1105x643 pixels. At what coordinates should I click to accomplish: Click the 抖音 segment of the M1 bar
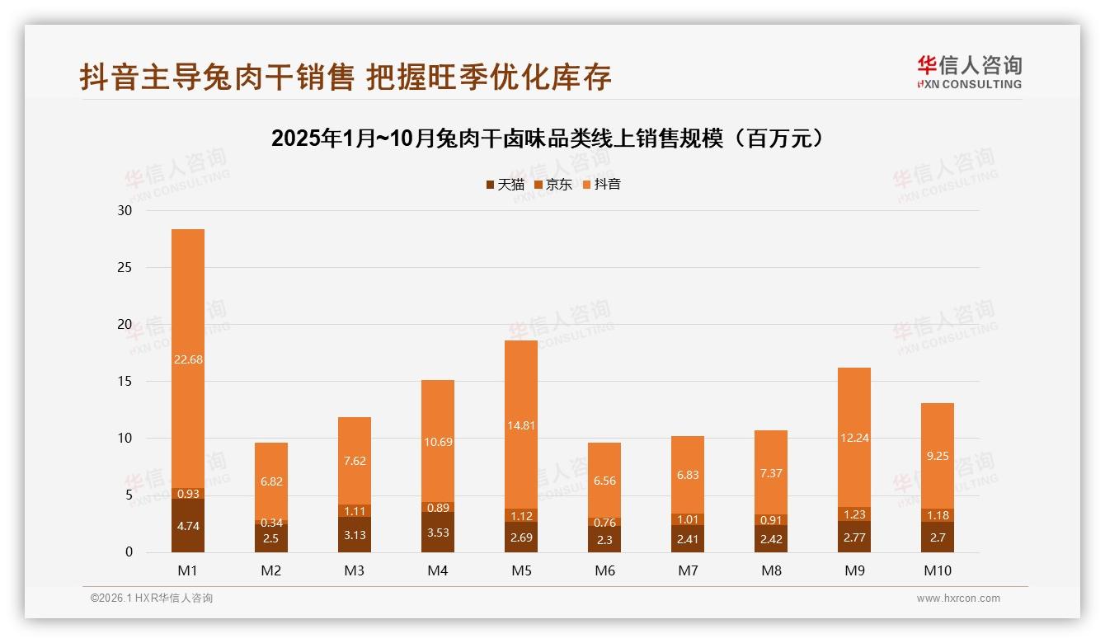(x=188, y=359)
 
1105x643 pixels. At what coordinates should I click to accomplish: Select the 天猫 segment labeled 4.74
(x=188, y=526)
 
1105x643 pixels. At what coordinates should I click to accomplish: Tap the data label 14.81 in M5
(x=521, y=425)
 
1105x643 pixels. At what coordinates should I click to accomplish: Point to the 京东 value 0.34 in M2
(x=271, y=523)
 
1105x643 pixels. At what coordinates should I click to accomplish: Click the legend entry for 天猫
(x=505, y=185)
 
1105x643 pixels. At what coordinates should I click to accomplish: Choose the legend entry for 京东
(x=553, y=185)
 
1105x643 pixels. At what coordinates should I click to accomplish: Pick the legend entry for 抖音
(x=602, y=185)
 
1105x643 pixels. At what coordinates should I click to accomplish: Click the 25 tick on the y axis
(x=125, y=268)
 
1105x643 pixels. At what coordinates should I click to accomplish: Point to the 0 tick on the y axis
(x=129, y=552)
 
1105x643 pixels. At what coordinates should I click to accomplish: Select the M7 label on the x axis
(x=688, y=570)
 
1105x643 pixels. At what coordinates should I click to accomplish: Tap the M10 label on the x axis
(x=937, y=570)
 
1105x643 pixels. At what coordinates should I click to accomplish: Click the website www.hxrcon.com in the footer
(x=958, y=598)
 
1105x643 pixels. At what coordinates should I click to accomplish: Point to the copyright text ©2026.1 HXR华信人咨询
(x=151, y=598)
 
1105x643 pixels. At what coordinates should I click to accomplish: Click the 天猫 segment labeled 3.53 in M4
(x=438, y=533)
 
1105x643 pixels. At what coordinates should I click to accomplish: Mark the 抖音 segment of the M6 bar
(x=604, y=481)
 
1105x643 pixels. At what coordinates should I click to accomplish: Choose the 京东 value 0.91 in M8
(x=771, y=520)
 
